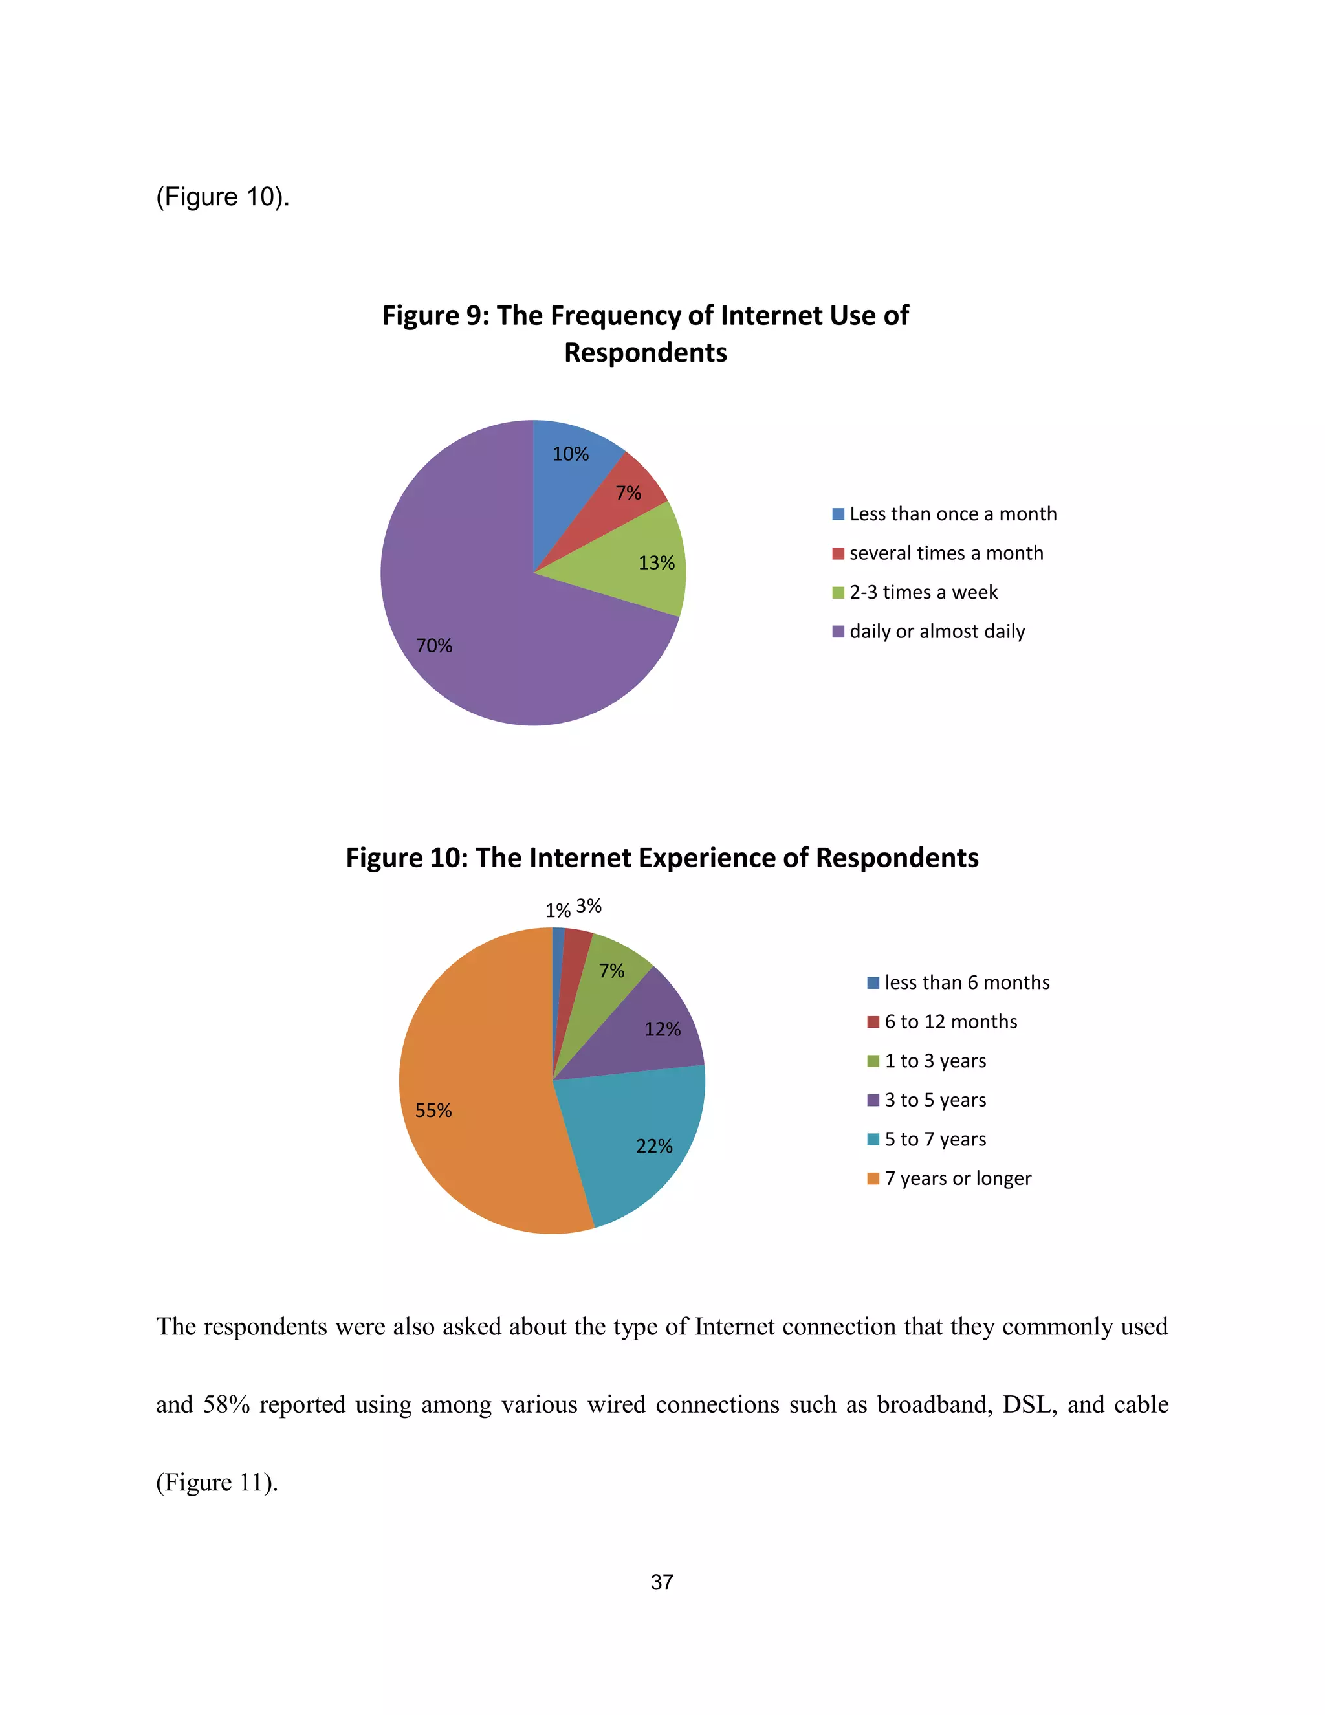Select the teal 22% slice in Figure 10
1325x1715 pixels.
tap(644, 1138)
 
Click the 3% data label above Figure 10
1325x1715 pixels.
tap(589, 906)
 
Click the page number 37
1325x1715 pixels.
tap(662, 1582)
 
